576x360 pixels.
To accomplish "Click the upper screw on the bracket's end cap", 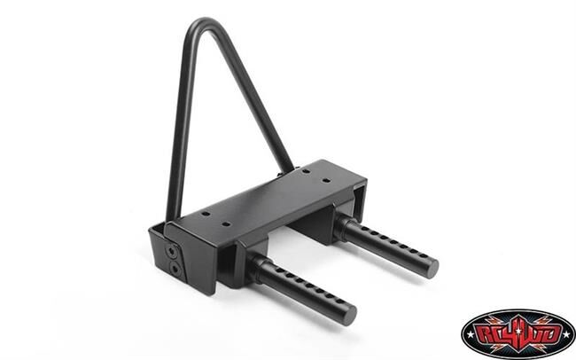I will tap(171, 253).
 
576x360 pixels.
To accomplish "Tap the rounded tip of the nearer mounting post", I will tap(348, 314).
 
